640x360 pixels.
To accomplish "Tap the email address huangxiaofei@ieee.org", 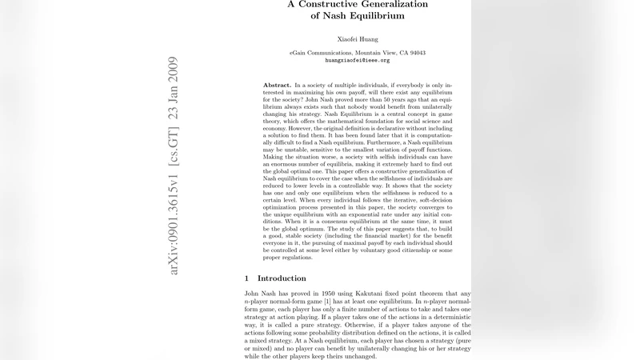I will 357,60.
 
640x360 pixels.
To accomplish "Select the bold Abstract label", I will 277,85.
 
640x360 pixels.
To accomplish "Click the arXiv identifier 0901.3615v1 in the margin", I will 174,230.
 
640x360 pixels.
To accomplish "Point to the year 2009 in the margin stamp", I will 174,70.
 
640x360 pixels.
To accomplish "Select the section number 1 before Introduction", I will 247,278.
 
